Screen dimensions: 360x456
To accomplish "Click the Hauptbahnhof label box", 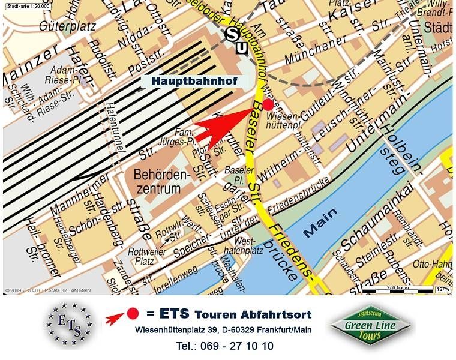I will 194,80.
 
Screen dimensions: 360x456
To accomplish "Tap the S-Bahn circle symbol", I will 232,34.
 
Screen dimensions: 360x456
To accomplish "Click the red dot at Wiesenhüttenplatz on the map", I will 268,104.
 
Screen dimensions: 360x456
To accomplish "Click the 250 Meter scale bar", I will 396,290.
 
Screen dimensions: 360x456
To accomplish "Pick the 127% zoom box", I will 443,290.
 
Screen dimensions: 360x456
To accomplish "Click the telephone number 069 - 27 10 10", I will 225,346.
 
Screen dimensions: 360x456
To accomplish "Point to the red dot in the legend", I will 133,313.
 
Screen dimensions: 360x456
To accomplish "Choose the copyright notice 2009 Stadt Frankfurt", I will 48,290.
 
